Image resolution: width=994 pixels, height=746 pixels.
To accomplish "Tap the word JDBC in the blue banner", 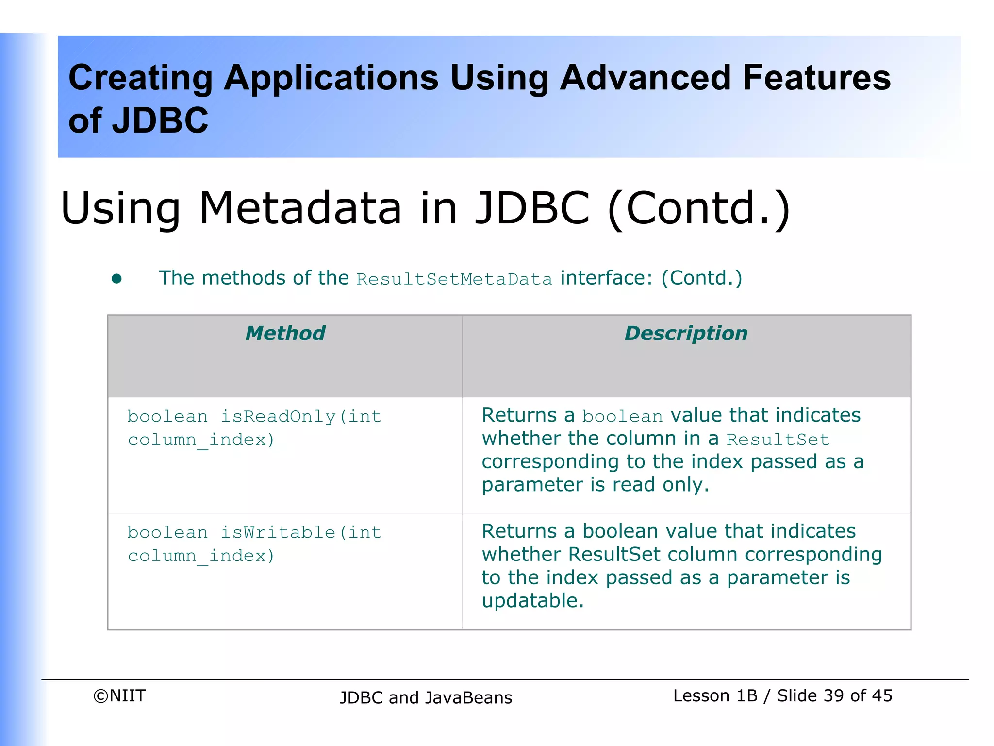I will click(x=160, y=120).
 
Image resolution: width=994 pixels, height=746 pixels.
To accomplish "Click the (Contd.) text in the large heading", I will click(x=699, y=209).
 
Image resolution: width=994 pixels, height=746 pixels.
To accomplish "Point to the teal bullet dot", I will click(x=116, y=278).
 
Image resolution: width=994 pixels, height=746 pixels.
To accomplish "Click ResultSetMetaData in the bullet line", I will click(x=454, y=279).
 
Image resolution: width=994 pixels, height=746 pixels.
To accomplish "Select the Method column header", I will click(x=285, y=333).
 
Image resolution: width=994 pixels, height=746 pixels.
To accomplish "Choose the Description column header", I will click(x=686, y=333).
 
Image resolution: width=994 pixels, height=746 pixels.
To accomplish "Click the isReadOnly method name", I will click(x=278, y=417).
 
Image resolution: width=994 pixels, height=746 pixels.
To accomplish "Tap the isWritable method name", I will click(x=278, y=533).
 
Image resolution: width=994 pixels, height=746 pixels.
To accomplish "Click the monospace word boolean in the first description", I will click(x=622, y=417).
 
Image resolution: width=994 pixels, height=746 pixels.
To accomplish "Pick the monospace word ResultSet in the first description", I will click(x=778, y=440).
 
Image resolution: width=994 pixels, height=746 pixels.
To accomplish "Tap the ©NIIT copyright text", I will click(x=119, y=696).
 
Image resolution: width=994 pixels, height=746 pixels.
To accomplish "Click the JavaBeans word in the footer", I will click(x=468, y=698).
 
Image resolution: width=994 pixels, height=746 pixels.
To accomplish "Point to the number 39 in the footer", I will click(x=833, y=695).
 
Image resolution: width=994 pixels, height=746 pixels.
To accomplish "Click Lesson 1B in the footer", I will click(x=715, y=695).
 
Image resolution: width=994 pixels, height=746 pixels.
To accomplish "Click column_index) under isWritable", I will click(x=201, y=556).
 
